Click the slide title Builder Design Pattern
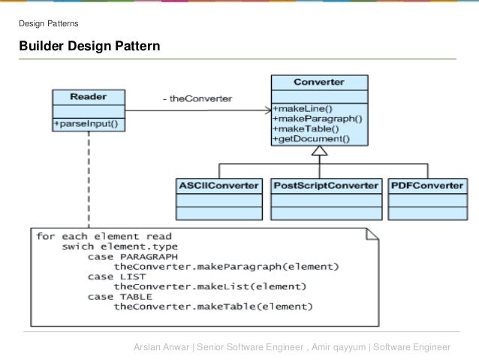tap(89, 47)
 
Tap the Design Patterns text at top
tap(49, 24)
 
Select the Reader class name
tap(88, 97)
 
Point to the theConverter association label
tap(197, 98)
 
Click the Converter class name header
tap(319, 82)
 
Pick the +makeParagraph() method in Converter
tap(318, 118)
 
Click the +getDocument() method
tap(312, 139)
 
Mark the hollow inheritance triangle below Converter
tap(320, 151)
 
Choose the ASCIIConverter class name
tap(218, 185)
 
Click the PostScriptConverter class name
tap(325, 185)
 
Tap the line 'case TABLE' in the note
tap(112, 296)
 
